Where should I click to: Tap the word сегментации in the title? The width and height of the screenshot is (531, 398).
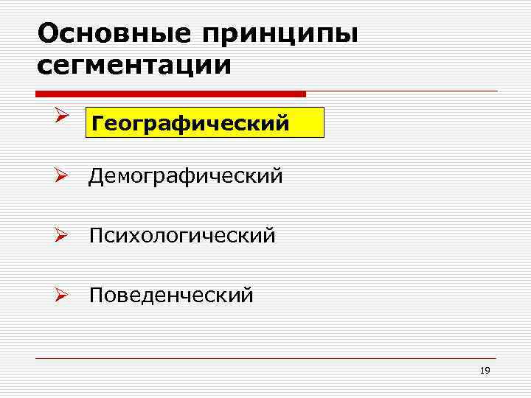pos(133,65)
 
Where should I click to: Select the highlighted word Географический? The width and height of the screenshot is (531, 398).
pos(190,124)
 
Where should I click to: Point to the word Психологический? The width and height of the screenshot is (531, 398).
pos(183,236)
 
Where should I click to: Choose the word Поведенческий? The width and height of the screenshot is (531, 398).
pos(171,296)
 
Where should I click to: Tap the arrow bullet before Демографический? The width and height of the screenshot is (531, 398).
pos(62,176)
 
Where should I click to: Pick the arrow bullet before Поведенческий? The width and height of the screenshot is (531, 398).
pos(62,295)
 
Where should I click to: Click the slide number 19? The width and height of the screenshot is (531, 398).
pos(485,371)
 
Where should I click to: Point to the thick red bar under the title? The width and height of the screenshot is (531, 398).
pos(170,94)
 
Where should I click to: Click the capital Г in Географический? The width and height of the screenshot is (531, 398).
pos(96,124)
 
